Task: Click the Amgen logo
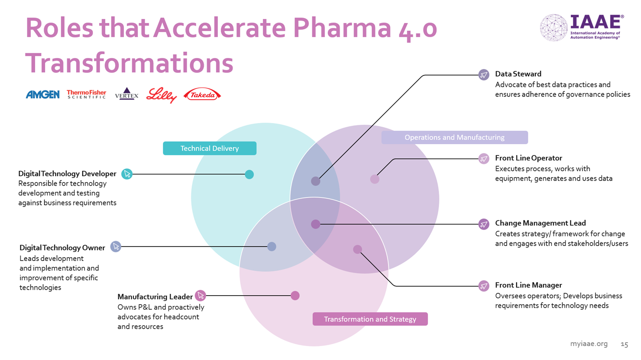click(x=43, y=94)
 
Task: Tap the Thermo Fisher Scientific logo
click(x=86, y=94)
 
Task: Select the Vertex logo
click(x=127, y=94)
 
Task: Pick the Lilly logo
click(x=161, y=95)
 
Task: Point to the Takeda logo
click(x=202, y=95)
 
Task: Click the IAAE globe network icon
click(x=554, y=27)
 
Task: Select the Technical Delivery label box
click(x=210, y=148)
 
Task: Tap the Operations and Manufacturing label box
click(x=454, y=137)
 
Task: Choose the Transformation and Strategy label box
click(x=370, y=319)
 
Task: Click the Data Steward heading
click(x=518, y=74)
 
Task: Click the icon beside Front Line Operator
click(x=484, y=159)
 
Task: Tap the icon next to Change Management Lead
click(x=484, y=224)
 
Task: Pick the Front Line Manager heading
click(x=528, y=285)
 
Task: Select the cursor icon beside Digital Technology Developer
click(x=127, y=174)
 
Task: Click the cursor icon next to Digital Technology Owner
click(x=116, y=246)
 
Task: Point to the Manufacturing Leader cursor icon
click(x=201, y=296)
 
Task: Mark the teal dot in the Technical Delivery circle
click(x=249, y=174)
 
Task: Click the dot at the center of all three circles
click(x=316, y=224)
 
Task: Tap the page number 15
click(x=624, y=344)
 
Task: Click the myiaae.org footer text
click(x=589, y=344)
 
